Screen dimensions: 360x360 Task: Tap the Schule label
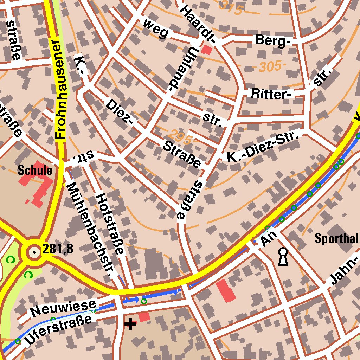[x=35, y=171]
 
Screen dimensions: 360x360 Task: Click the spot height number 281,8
[x=58, y=249]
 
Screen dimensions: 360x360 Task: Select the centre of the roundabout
[x=34, y=252]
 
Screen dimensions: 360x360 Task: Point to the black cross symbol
[x=130, y=324]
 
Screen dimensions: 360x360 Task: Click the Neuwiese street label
[x=63, y=308]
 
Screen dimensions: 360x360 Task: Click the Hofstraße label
[x=110, y=224]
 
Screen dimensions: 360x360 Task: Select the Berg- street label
[x=273, y=40]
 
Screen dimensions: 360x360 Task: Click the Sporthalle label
[x=337, y=239]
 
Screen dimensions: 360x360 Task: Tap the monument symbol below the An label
[x=283, y=256]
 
